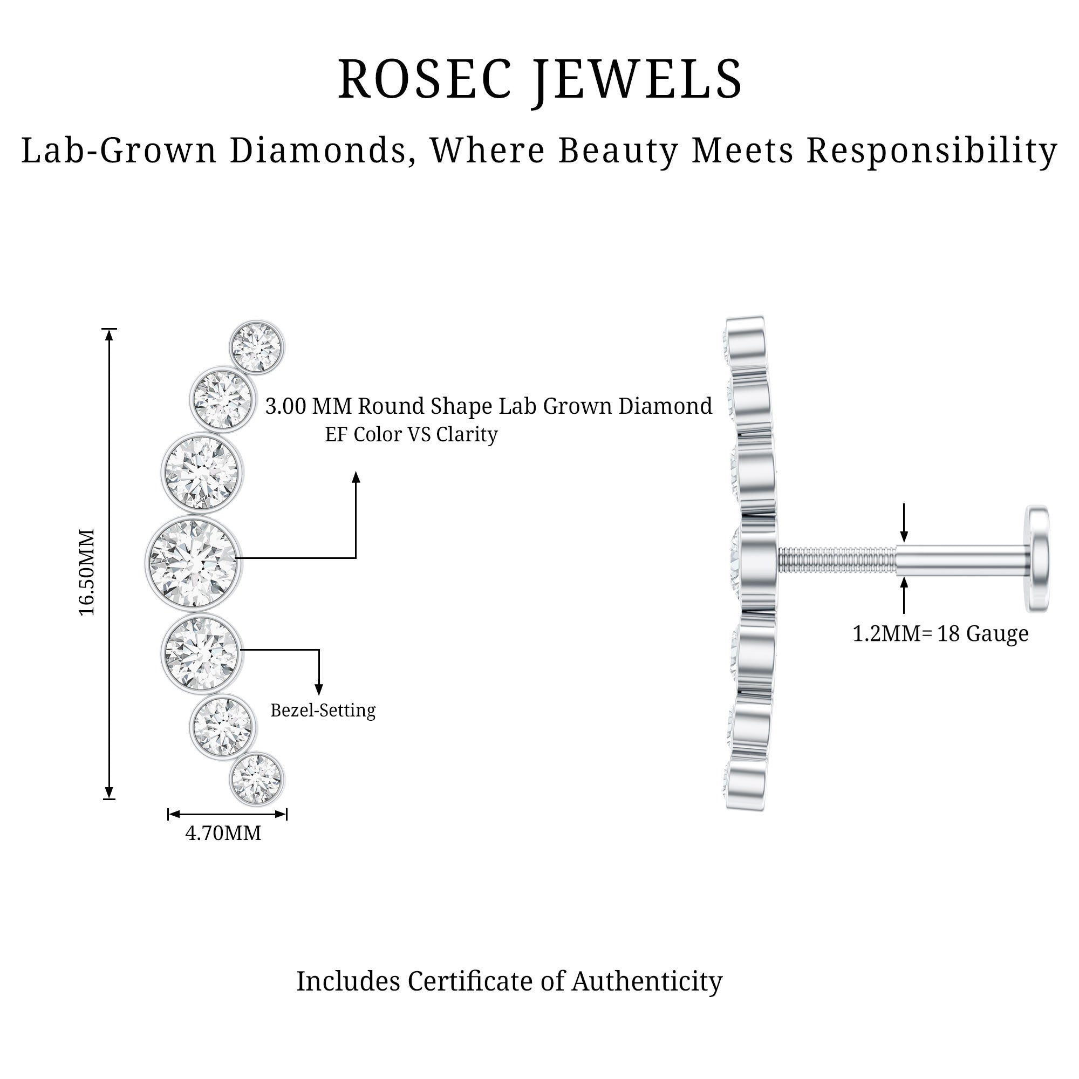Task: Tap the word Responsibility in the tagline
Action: point(932,151)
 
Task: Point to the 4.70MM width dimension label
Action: point(223,834)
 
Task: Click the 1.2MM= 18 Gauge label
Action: point(940,633)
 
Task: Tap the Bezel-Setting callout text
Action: point(323,711)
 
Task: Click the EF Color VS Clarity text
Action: point(411,434)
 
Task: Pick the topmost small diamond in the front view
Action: point(257,347)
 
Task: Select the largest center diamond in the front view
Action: point(193,563)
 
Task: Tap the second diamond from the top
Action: point(222,399)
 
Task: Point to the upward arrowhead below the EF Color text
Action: point(356,477)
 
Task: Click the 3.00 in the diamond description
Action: point(286,406)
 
